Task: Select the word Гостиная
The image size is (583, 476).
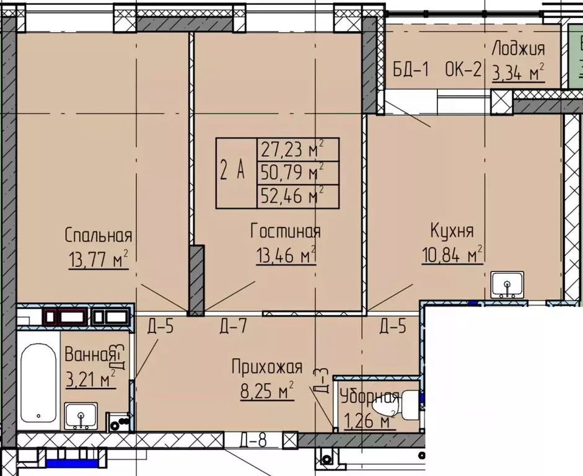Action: coord(286,231)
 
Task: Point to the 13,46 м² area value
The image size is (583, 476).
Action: coord(286,255)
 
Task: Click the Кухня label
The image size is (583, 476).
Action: coord(452,231)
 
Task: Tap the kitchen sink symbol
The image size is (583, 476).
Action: coord(507,284)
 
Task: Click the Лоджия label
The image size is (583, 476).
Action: coord(519,49)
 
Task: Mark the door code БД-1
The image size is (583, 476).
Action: coord(411,69)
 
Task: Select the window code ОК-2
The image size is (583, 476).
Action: coord(463,69)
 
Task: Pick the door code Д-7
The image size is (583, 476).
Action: coord(234,326)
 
